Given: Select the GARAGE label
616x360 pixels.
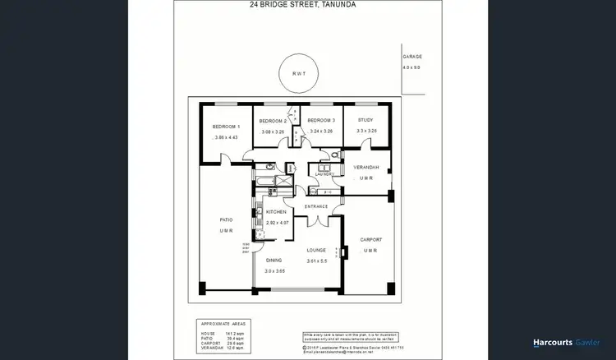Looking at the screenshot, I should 412,57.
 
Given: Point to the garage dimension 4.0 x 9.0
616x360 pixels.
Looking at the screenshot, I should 412,68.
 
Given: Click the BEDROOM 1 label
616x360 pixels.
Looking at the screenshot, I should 226,127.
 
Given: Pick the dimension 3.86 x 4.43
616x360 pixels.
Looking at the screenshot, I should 225,137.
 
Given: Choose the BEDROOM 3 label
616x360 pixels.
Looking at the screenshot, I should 321,121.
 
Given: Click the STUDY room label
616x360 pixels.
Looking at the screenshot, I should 365,121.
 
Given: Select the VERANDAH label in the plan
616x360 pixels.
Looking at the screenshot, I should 366,167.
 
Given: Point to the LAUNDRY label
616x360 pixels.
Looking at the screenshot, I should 321,173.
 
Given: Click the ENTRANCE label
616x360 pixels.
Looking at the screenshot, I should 316,206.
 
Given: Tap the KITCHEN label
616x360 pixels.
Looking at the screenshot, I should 276,212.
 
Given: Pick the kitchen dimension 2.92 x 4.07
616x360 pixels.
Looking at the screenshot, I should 278,223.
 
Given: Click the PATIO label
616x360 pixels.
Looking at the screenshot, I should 226,219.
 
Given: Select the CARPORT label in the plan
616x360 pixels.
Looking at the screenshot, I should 371,239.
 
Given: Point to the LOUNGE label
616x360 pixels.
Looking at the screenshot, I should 316,250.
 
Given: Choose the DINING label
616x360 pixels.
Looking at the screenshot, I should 274,260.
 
